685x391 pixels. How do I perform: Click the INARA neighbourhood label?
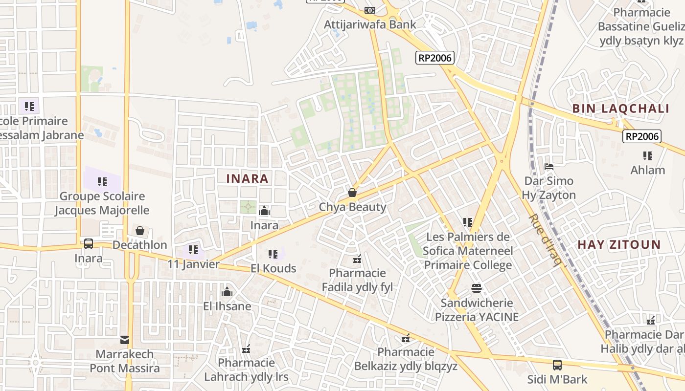(247, 179)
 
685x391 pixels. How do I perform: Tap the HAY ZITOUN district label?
(619, 245)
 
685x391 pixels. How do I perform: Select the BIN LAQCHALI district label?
(620, 109)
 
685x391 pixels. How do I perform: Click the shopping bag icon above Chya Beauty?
(352, 193)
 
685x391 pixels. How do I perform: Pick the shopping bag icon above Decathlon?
(140, 230)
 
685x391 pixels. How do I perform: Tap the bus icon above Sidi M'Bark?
(557, 365)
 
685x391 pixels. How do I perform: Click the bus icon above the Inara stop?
(89, 243)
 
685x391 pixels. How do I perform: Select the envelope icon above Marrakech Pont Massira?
(125, 340)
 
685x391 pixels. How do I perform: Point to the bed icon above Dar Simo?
(548, 167)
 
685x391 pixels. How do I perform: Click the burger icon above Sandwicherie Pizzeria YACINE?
(477, 288)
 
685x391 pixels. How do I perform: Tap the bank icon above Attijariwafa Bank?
(370, 10)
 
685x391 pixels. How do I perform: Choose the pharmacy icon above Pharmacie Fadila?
(357, 259)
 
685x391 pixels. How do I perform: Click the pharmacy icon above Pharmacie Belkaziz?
(406, 338)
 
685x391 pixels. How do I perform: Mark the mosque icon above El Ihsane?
(227, 292)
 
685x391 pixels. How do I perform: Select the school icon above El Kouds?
(273, 254)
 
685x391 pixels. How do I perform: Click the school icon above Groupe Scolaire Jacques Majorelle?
(102, 182)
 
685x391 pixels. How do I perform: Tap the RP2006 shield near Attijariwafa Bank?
(435, 58)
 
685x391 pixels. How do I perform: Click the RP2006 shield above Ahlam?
(641, 136)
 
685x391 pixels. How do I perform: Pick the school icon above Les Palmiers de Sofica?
(467, 222)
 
